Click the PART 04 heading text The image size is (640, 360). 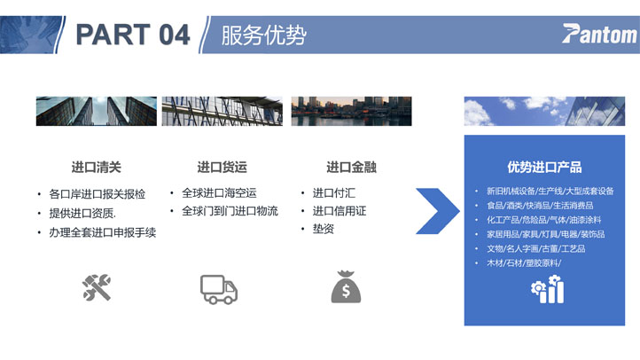(x=133, y=35)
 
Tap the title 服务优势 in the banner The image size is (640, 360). (x=263, y=35)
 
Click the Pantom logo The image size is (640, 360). (x=598, y=34)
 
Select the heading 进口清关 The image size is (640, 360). (x=97, y=167)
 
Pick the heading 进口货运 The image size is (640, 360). (x=222, y=167)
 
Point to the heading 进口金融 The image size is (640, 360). (x=351, y=167)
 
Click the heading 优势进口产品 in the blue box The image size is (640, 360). (x=544, y=167)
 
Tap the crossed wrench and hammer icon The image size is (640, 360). (x=97, y=288)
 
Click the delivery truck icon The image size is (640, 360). (x=219, y=289)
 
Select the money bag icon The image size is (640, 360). (x=346, y=287)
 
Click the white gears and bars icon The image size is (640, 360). (x=547, y=289)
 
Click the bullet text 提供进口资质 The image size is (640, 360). (x=82, y=213)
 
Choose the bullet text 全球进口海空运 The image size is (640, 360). (x=219, y=192)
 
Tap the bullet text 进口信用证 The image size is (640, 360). (x=340, y=211)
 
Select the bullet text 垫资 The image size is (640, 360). (x=324, y=229)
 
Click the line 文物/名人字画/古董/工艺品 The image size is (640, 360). (x=536, y=248)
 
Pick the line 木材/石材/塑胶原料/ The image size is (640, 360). (x=524, y=262)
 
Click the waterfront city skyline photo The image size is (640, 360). (x=351, y=111)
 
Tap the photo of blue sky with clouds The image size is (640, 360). (x=544, y=111)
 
